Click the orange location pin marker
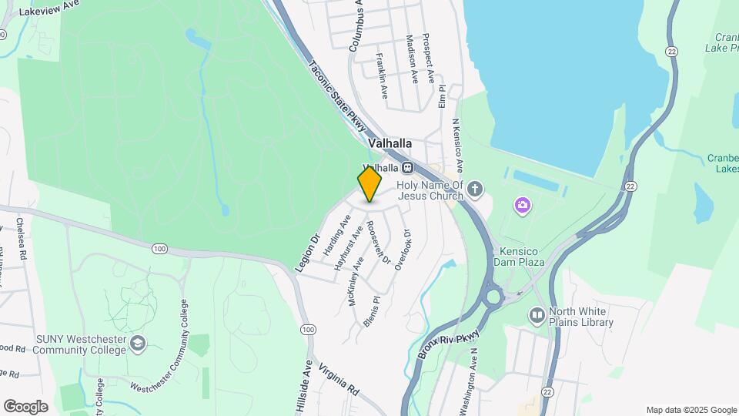pyautogui.click(x=369, y=184)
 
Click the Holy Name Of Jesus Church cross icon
pyautogui.click(x=476, y=188)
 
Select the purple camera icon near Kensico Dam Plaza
pyautogui.click(x=523, y=205)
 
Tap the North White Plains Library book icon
pyautogui.click(x=537, y=315)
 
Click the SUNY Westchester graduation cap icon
pyautogui.click(x=138, y=343)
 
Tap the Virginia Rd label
pyautogui.click(x=339, y=378)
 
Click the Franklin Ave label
pyautogui.click(x=382, y=75)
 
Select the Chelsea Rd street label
pyautogui.click(x=22, y=239)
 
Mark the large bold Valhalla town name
pyautogui.click(x=390, y=143)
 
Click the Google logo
pyautogui.click(x=25, y=406)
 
